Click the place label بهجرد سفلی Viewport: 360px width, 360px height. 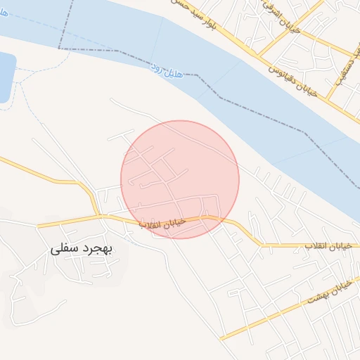click(82, 250)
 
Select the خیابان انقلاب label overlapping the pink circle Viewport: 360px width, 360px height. click(163, 224)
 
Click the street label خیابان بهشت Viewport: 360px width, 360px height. click(330, 293)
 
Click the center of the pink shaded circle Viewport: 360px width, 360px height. click(180, 179)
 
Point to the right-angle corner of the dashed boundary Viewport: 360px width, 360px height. click(60, 49)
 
